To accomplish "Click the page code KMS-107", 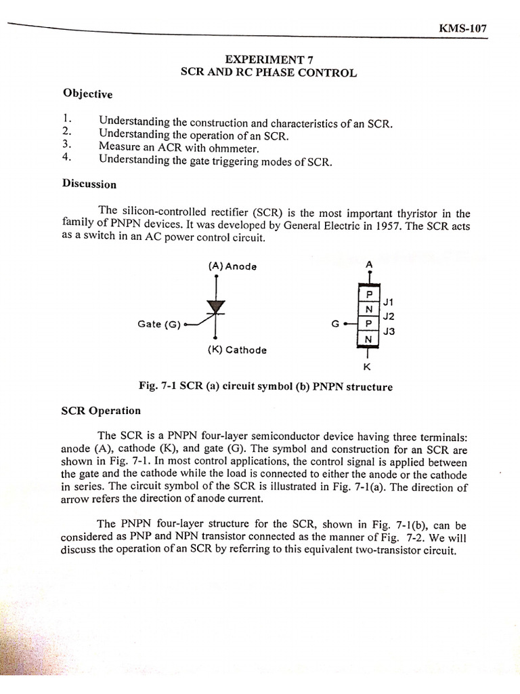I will click(x=463, y=29).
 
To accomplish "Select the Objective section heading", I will click(x=87, y=94).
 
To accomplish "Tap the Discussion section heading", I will click(x=89, y=184).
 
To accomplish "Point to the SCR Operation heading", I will click(x=101, y=410).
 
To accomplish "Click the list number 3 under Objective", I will click(x=66, y=144).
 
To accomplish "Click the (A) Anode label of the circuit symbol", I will click(x=232, y=266).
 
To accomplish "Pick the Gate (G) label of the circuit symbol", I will click(x=158, y=324).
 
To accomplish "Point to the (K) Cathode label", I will click(x=237, y=350).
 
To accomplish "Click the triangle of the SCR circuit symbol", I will click(x=216, y=307).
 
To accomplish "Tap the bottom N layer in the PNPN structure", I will click(x=369, y=339).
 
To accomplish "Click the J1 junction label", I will click(x=388, y=301).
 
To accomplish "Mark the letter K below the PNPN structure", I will click(x=367, y=367).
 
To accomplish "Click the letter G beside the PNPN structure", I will click(x=334, y=324).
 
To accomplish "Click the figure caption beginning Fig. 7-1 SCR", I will click(x=265, y=387).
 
